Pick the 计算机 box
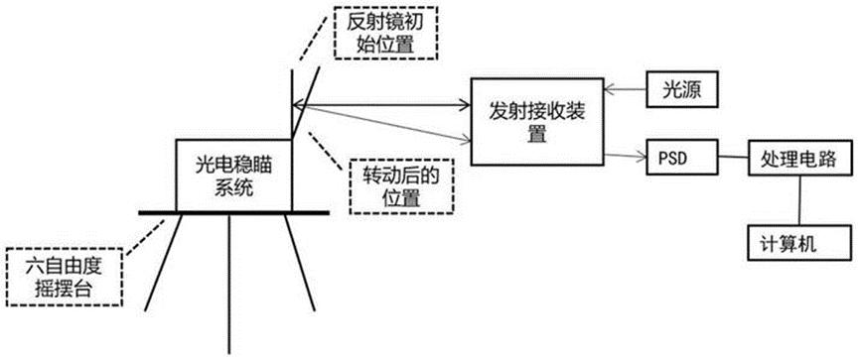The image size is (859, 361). (x=787, y=241)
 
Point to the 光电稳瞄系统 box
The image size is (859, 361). (x=233, y=175)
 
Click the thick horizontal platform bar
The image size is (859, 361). (x=233, y=211)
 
